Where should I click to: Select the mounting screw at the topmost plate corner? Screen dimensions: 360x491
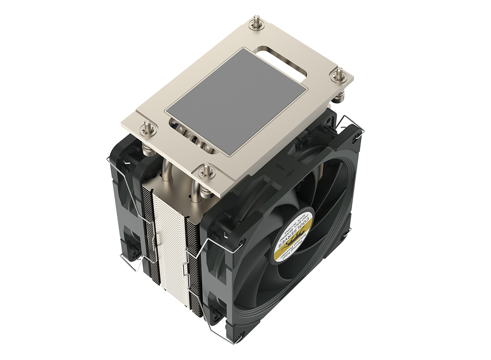(x=257, y=23)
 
